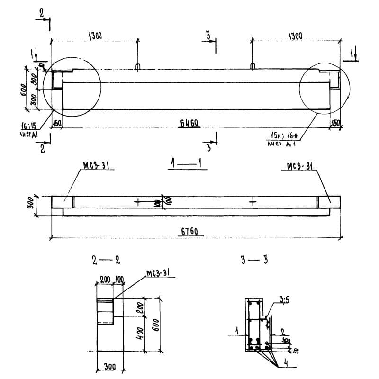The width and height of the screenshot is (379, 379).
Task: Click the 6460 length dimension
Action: click(189, 124)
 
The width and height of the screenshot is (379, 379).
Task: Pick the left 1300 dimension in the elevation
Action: click(94, 36)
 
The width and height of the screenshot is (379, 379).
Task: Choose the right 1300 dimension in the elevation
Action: click(295, 36)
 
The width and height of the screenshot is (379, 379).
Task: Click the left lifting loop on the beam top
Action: click(137, 66)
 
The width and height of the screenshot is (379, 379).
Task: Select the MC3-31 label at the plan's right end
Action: click(299, 166)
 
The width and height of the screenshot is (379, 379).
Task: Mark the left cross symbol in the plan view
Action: click(137, 202)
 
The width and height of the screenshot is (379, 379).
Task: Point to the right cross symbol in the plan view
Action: click(253, 202)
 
